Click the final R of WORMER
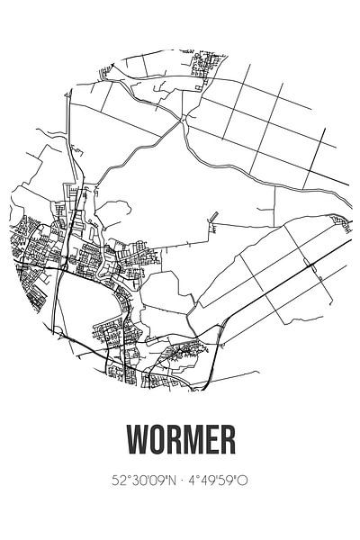pyautogui.click(x=226, y=441)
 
